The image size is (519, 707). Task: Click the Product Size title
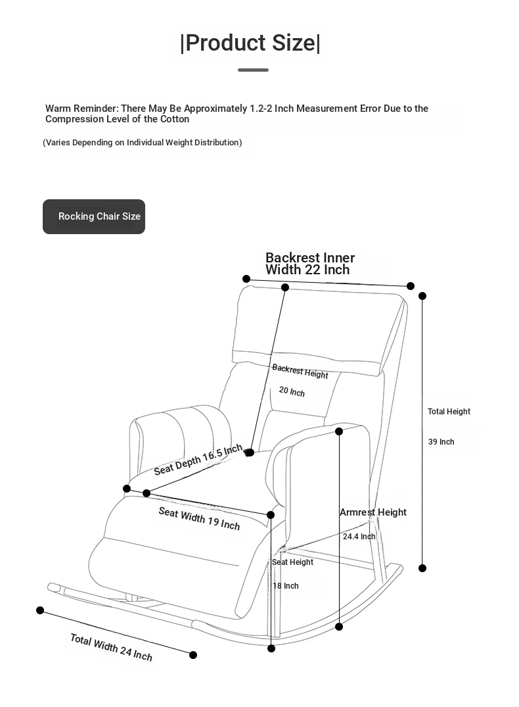[x=250, y=43]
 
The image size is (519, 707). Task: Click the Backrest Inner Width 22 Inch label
[x=309, y=264]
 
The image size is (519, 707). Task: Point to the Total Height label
[x=449, y=412]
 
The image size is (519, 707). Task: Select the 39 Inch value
[x=441, y=442]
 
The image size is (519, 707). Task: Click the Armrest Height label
[x=372, y=512]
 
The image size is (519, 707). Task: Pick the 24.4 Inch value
[x=359, y=537]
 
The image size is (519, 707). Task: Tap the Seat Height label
[x=292, y=562]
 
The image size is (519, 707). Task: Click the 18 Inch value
[x=286, y=586]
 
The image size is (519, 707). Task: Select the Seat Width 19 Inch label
[x=199, y=518]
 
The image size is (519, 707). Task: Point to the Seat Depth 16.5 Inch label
[x=198, y=460]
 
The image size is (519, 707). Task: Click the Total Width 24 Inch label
[x=111, y=647]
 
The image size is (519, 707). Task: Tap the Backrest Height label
[x=300, y=371]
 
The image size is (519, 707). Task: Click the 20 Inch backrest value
[x=292, y=391]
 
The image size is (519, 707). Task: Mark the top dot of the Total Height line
[x=422, y=296]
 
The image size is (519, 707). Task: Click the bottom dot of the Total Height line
[x=422, y=568]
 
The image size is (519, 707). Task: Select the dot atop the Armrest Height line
[x=339, y=431]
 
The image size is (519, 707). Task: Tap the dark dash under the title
[x=253, y=70]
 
